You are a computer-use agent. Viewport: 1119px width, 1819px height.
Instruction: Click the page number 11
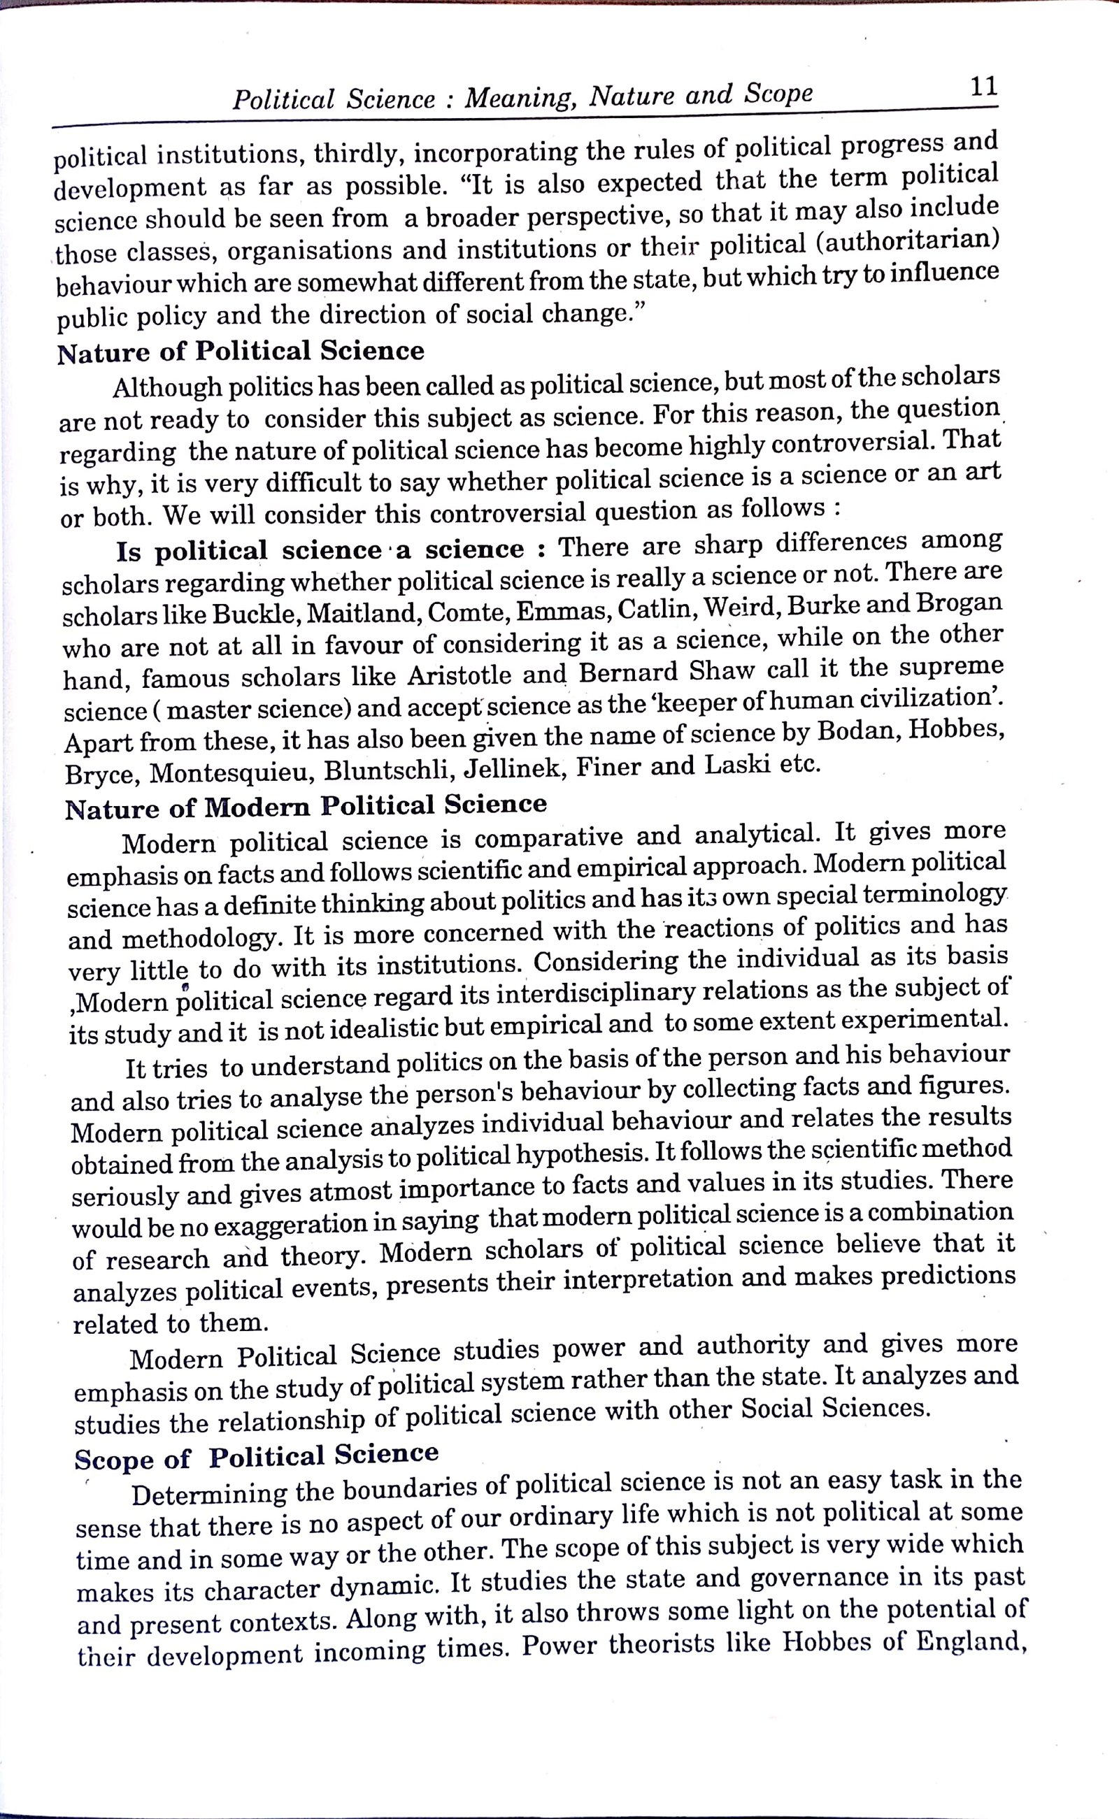pyautogui.click(x=983, y=87)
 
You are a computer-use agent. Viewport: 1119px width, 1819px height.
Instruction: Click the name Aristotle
pyautogui.click(x=459, y=675)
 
